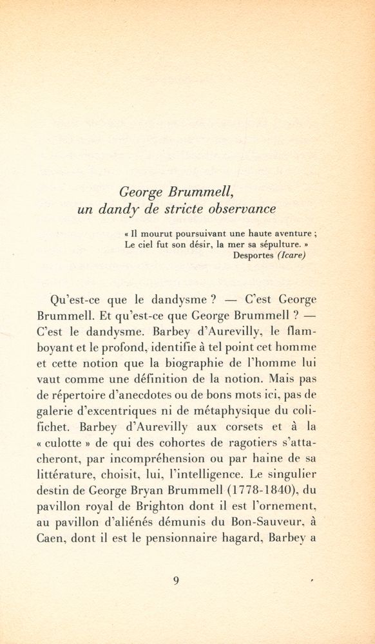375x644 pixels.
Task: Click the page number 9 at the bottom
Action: click(177, 580)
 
